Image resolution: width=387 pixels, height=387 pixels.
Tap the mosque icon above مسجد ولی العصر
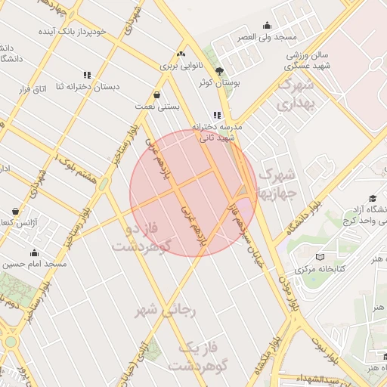pyautogui.click(x=265, y=25)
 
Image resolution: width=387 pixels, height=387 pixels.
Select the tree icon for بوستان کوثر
pyautogui.click(x=219, y=70)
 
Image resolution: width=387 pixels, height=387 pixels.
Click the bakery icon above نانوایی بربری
pyautogui.click(x=180, y=54)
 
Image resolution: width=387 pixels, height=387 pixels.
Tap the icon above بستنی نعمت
pyautogui.click(x=156, y=95)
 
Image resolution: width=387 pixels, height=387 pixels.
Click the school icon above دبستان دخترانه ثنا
pyautogui.click(x=87, y=75)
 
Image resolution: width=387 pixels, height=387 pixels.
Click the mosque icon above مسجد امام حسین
pyautogui.click(x=34, y=252)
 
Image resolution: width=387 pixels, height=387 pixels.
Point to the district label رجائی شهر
pyautogui.click(x=166, y=310)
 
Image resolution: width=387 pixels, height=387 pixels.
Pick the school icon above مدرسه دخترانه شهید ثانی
pyautogui.click(x=218, y=115)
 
